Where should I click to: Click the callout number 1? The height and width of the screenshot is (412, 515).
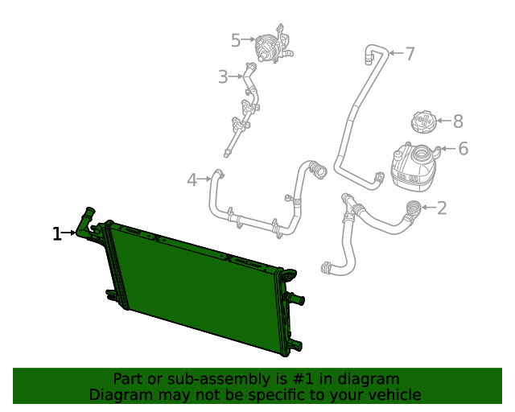(x=57, y=234)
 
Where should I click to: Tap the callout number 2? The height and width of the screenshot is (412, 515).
(x=442, y=208)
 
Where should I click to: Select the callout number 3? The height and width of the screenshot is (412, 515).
(x=223, y=77)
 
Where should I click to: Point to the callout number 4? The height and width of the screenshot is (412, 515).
(x=192, y=180)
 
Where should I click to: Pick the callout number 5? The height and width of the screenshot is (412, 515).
(x=236, y=40)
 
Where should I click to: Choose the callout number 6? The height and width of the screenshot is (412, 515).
(x=463, y=149)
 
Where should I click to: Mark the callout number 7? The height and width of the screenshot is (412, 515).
(x=410, y=54)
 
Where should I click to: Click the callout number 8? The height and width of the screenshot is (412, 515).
(x=458, y=122)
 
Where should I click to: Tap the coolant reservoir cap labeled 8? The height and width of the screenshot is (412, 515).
(x=423, y=122)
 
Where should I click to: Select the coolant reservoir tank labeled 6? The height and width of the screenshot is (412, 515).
(x=413, y=167)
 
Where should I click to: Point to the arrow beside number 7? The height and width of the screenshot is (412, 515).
(x=397, y=52)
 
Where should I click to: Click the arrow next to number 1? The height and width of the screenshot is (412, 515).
(x=69, y=233)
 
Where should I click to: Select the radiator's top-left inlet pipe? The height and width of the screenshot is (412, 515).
(x=85, y=224)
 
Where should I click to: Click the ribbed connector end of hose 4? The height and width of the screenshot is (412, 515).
(x=318, y=170)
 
